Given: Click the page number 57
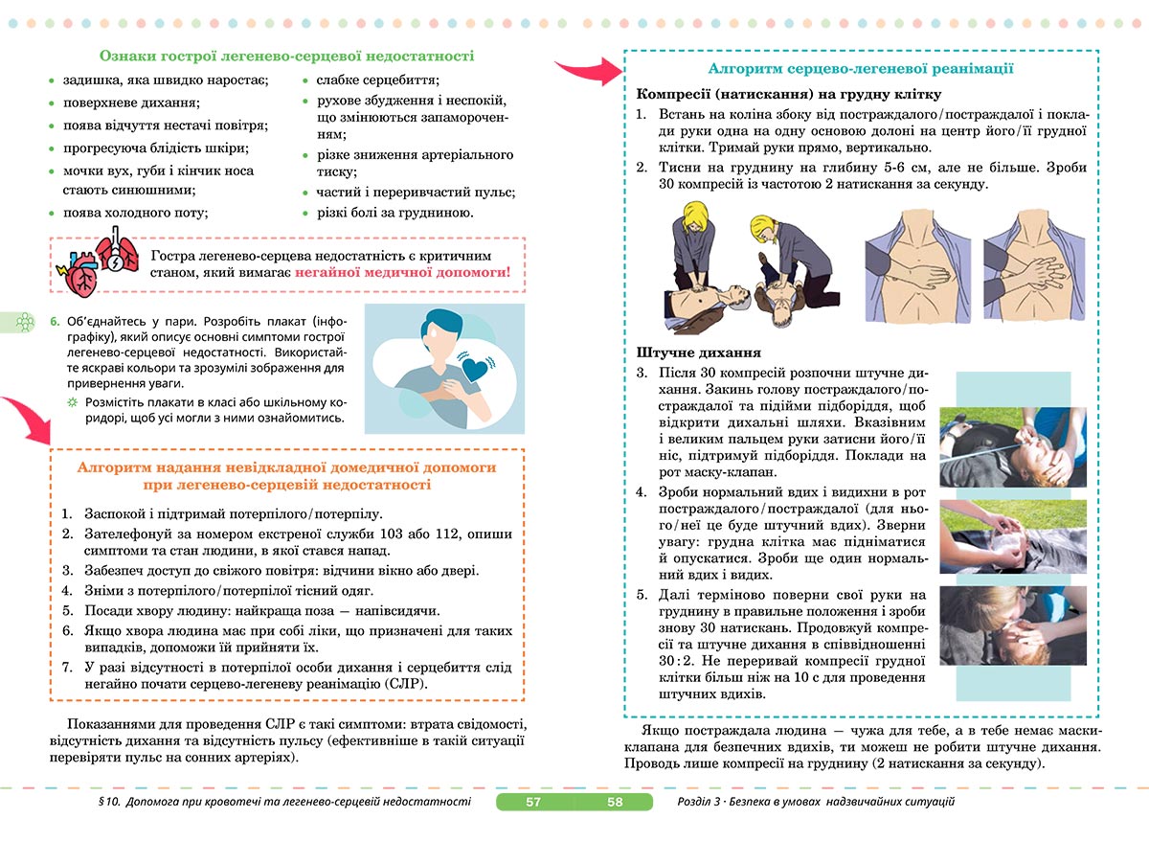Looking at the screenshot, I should click(x=533, y=802).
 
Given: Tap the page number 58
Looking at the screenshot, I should click(x=615, y=802).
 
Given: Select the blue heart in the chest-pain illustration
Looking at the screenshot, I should click(x=476, y=368).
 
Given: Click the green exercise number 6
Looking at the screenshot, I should click(x=55, y=321).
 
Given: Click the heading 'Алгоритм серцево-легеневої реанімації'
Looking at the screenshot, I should click(x=861, y=69).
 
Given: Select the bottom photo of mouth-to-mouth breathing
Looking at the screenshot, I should click(x=1013, y=629).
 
